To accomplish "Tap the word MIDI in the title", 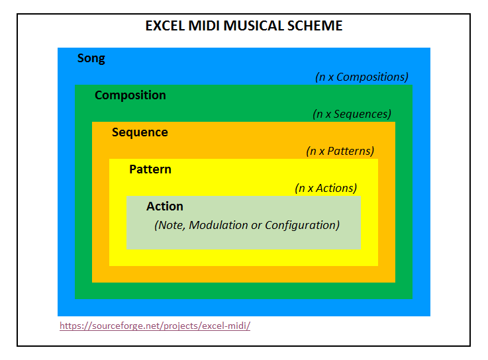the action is (x=204, y=26).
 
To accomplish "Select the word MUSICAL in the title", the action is (x=254, y=26).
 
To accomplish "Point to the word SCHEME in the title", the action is (x=315, y=26).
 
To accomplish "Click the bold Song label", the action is (x=91, y=58).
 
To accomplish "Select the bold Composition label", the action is (x=130, y=95).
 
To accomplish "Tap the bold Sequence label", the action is (x=140, y=132).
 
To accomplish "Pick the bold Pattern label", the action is (x=150, y=169).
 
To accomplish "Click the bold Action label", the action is (x=165, y=206).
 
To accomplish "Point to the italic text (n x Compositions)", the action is (x=362, y=77).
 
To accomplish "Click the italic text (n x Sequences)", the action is (x=352, y=114).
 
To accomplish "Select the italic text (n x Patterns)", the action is (x=340, y=152).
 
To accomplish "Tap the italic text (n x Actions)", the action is (x=326, y=188).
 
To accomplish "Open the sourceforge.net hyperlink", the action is (x=155, y=326).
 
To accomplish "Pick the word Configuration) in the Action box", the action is (x=302, y=225).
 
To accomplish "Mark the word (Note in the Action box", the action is (x=170, y=225).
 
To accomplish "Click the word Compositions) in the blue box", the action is (x=372, y=77).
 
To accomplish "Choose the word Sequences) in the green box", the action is (x=362, y=114).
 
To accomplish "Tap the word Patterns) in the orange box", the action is (x=351, y=152).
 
